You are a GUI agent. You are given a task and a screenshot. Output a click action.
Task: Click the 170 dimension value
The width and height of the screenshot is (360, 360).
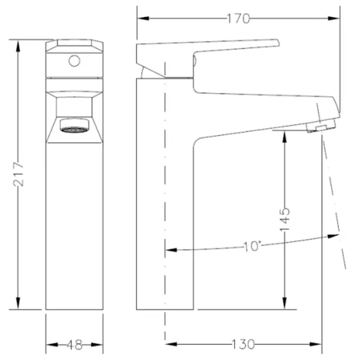[x=238, y=19]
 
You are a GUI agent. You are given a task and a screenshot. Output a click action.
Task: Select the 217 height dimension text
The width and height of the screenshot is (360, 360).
[x=19, y=174]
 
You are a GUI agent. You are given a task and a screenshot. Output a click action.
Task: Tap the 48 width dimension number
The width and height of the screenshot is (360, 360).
[x=74, y=344]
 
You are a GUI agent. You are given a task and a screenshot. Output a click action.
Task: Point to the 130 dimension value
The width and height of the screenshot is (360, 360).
[x=243, y=344]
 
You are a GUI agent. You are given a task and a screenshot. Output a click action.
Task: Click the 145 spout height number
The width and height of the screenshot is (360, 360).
[x=284, y=220]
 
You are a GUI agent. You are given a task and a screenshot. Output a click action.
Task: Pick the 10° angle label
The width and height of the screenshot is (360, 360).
[x=252, y=246]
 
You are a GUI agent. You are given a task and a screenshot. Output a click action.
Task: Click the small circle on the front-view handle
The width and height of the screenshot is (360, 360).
[x=74, y=61]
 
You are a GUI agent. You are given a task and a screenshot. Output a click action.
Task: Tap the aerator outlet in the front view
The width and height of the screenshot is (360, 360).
[x=74, y=125]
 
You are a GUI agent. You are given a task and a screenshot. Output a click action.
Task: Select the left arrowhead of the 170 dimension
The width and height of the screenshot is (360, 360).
[x=143, y=19]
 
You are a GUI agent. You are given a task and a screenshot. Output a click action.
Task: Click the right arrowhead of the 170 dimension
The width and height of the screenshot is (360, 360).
[x=334, y=19]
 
